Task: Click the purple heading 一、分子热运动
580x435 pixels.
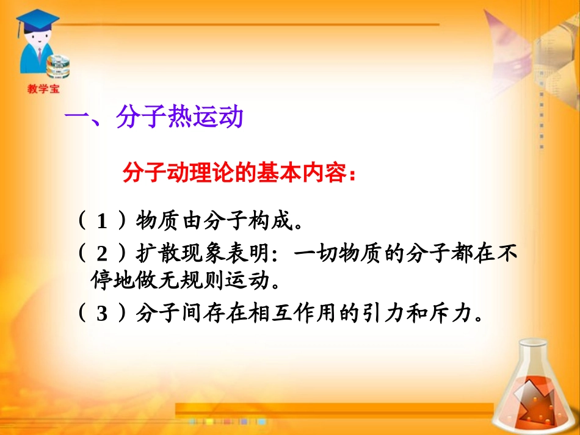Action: coord(154,118)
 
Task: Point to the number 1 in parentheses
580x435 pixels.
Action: coord(102,221)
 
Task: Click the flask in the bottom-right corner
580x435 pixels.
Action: coord(538,384)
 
